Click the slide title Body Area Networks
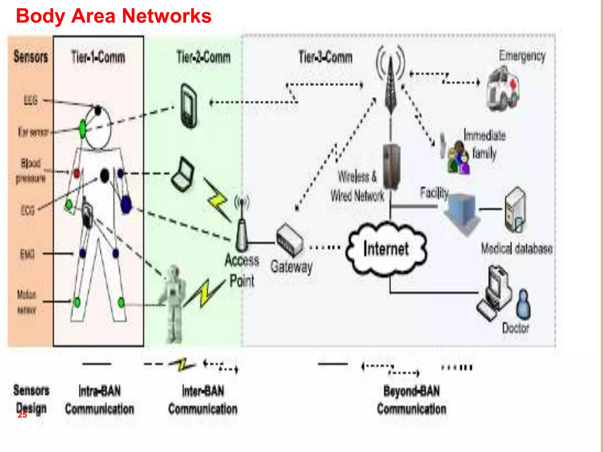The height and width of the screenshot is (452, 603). click(113, 16)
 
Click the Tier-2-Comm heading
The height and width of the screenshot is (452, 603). click(203, 57)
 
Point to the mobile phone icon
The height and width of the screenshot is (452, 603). click(189, 106)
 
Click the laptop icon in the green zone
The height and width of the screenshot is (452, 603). click(183, 175)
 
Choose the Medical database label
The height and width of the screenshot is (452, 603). click(516, 249)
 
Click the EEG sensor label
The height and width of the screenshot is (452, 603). click(31, 101)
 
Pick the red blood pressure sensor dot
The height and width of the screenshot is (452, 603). click(77, 174)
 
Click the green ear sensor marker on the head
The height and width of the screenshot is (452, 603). click(83, 128)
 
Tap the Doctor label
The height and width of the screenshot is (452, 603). click(515, 328)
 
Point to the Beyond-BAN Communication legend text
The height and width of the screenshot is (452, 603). click(411, 400)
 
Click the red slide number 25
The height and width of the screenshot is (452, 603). click(22, 415)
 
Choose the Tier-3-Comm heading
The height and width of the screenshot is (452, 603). click(325, 57)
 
